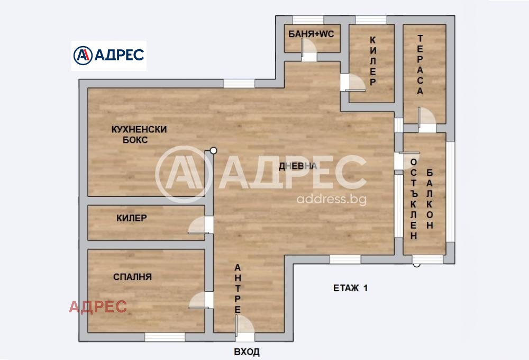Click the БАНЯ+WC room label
[x=311, y=34]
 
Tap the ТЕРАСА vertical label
[x=420, y=65]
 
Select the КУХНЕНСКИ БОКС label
[x=139, y=134]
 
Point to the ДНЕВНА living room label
[x=298, y=166]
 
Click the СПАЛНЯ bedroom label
[x=132, y=276]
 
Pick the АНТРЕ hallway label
[x=238, y=289]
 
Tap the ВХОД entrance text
[x=247, y=352]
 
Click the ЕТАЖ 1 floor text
[x=350, y=289]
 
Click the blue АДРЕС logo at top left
[x=109, y=55]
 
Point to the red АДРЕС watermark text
[x=98, y=307]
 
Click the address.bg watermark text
[x=332, y=200]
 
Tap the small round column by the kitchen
[x=213, y=150]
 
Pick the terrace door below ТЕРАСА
[x=425, y=119]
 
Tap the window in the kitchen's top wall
[x=239, y=83]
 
